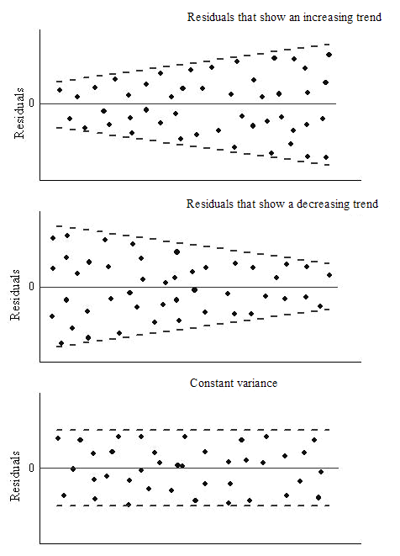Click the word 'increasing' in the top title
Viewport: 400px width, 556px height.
click(301, 18)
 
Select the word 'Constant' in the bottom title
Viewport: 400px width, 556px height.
click(211, 383)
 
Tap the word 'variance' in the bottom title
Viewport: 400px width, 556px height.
click(256, 383)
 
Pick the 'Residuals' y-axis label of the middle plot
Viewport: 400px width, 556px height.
click(16, 302)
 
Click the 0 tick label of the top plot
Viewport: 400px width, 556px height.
click(32, 103)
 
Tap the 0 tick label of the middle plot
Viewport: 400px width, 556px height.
click(32, 287)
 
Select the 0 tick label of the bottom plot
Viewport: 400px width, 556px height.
click(32, 468)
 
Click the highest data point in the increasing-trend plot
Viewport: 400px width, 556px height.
click(329, 55)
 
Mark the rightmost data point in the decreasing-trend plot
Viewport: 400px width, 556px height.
click(329, 275)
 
